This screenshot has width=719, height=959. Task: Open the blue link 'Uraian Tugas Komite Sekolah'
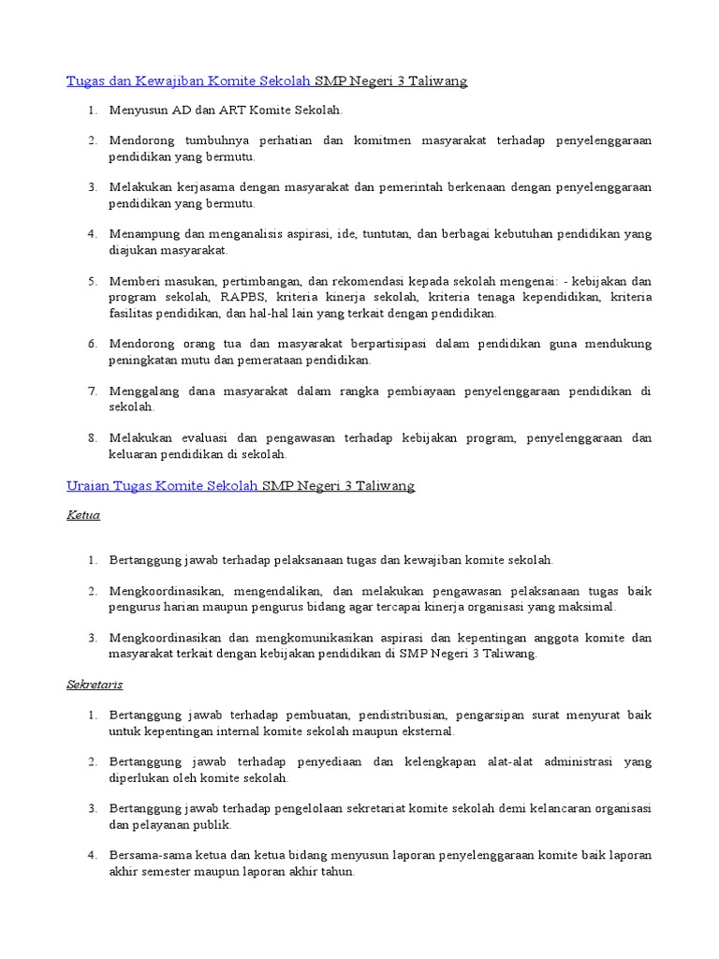(x=163, y=486)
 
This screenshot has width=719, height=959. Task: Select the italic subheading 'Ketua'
(x=83, y=515)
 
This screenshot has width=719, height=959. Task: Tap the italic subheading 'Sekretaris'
(x=95, y=685)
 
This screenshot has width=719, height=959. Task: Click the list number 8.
(x=93, y=438)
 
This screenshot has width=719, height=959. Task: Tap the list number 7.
(x=93, y=391)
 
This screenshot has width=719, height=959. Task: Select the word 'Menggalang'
(x=140, y=391)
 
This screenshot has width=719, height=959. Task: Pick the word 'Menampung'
(x=140, y=234)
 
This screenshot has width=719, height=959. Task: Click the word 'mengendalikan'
(x=281, y=592)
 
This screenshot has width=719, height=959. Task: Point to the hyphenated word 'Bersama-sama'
(x=143, y=856)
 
